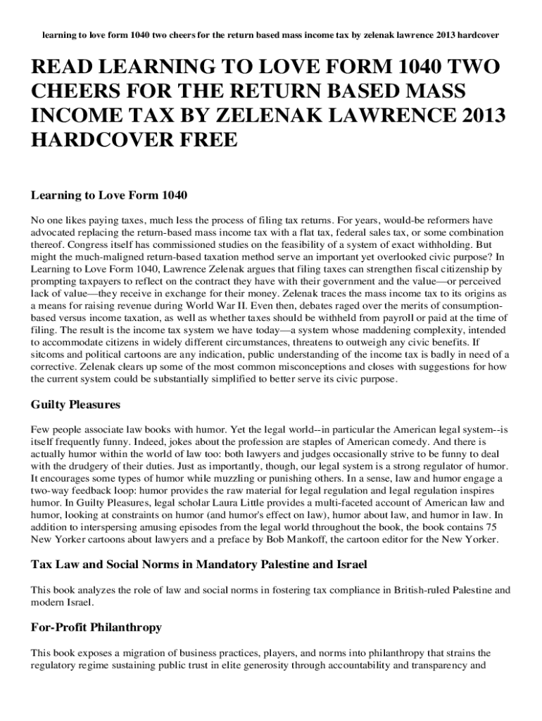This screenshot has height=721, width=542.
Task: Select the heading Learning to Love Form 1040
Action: pyautogui.click(x=108, y=194)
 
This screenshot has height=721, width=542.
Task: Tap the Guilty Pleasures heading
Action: pyautogui.click(x=75, y=405)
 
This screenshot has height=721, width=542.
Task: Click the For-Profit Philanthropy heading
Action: pyautogui.click(x=96, y=627)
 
